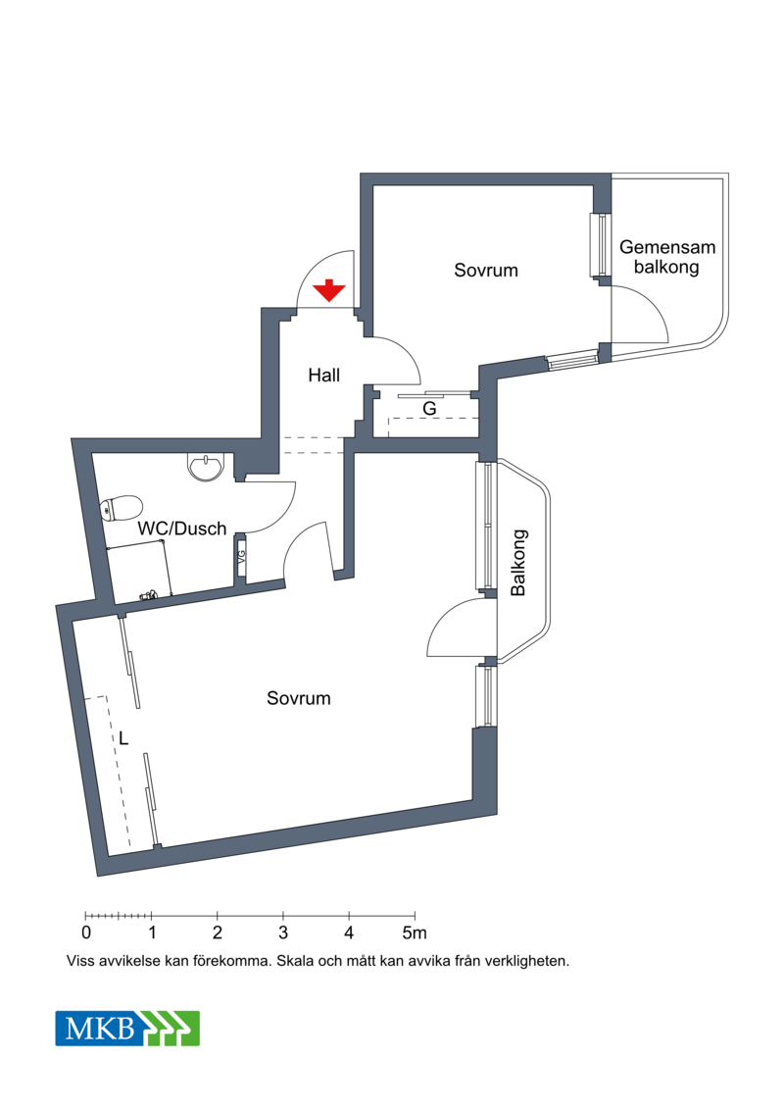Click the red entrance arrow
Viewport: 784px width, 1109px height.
[x=328, y=290]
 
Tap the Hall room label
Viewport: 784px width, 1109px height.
[x=323, y=375]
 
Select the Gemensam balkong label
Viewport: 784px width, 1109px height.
[x=666, y=257]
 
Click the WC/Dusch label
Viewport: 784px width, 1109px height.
[x=181, y=529]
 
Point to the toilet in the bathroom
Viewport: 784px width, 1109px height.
[x=121, y=508]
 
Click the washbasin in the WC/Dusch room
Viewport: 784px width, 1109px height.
[x=205, y=466]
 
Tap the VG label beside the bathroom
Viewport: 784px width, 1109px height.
[x=241, y=557]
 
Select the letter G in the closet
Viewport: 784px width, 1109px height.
[x=429, y=409]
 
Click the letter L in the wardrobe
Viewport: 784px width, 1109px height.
[x=123, y=739]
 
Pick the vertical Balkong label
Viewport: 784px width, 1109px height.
[x=518, y=562]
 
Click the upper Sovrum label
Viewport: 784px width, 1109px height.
[x=486, y=271]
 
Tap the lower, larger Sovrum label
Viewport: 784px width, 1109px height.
[x=298, y=698]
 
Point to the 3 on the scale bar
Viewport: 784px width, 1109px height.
[x=283, y=933]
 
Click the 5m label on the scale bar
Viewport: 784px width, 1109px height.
[x=415, y=933]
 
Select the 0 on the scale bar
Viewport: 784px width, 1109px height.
[x=86, y=933]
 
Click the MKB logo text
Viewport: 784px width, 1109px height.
[x=99, y=1028]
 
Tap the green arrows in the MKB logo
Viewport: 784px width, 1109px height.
[x=170, y=1029]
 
